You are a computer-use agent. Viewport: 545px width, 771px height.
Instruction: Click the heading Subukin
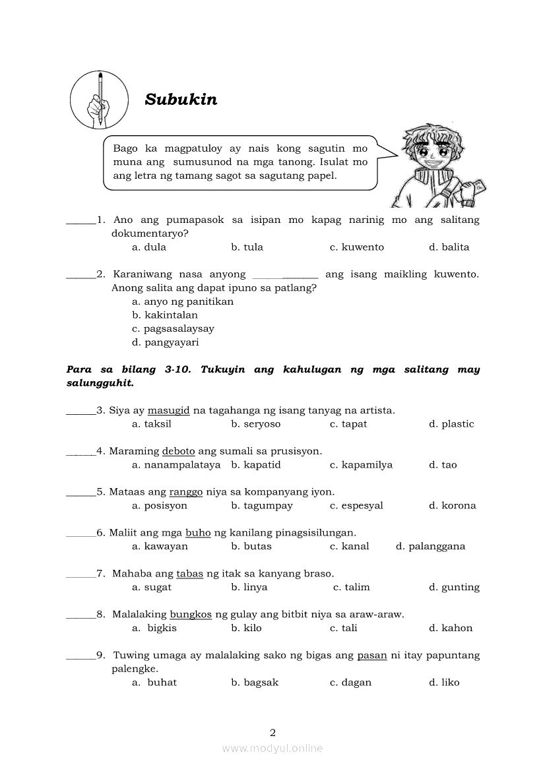[x=181, y=100]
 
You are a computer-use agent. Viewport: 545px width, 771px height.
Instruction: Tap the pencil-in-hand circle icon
[x=99, y=100]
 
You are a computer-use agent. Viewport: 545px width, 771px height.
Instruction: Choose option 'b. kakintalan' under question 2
[x=165, y=315]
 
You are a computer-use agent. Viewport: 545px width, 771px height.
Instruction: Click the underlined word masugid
[x=168, y=410]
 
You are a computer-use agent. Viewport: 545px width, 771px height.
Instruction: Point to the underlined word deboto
[x=178, y=451]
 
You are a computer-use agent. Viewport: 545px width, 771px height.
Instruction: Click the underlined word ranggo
[x=186, y=492]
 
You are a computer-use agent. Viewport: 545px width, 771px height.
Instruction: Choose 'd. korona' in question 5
[x=452, y=506]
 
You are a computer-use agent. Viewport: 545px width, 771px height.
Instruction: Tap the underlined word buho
[x=198, y=533]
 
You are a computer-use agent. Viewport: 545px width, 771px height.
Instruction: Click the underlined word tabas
[x=189, y=574]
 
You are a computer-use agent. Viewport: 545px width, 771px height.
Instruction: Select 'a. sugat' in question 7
[x=152, y=587]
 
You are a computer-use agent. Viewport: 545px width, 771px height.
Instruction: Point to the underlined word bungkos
[x=191, y=615]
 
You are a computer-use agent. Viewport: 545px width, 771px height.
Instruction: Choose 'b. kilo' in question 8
[x=246, y=628]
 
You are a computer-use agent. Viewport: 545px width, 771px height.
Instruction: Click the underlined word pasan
[x=372, y=656]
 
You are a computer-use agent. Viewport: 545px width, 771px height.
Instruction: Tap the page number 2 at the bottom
[x=272, y=732]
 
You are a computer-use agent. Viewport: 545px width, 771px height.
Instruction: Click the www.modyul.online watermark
[x=272, y=749]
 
